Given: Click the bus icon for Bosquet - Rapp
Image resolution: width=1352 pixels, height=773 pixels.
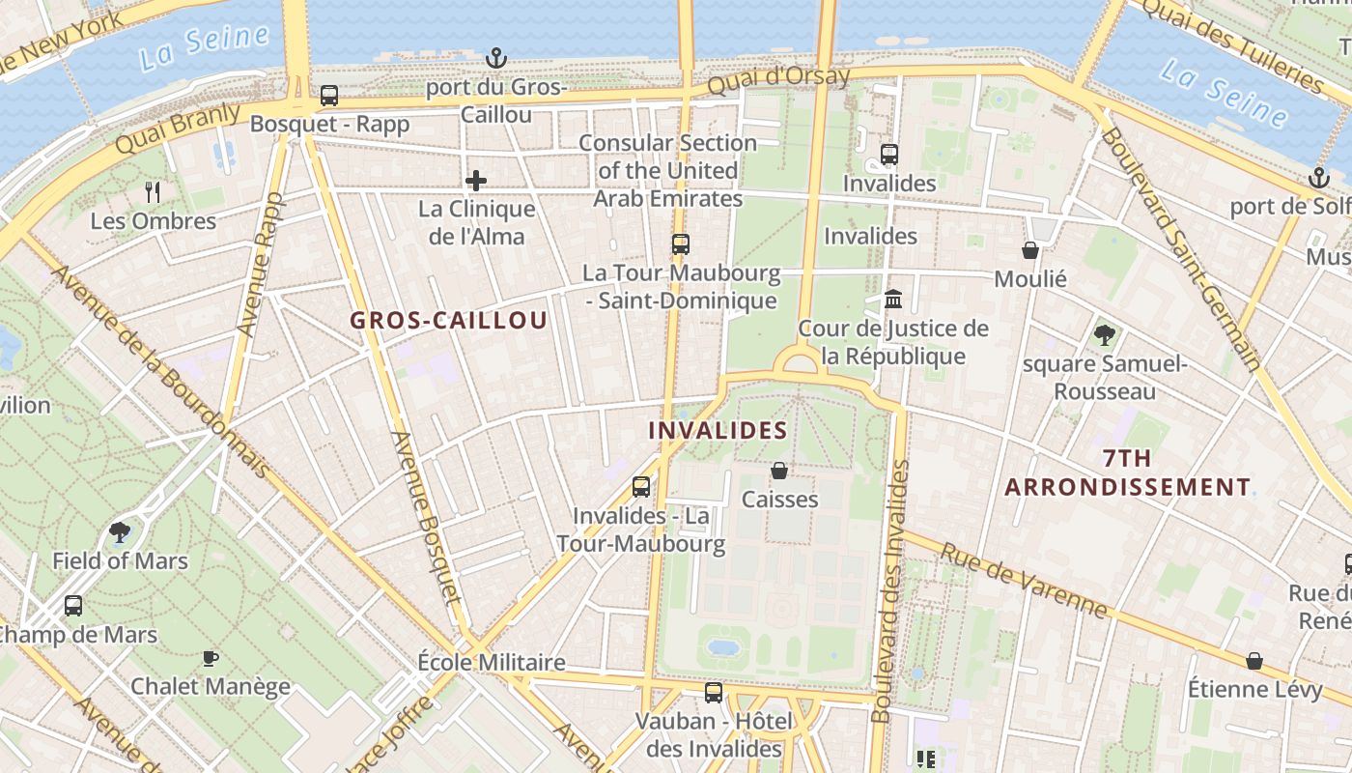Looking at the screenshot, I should tap(329, 96).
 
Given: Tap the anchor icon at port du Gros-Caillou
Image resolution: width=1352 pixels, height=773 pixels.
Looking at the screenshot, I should tap(495, 59).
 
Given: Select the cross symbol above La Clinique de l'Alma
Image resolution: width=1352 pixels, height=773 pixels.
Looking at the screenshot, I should tap(475, 181).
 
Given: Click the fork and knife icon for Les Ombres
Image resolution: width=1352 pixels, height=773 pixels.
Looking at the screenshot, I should tap(153, 191).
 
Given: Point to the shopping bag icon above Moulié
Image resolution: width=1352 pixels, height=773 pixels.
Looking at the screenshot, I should tap(1030, 250).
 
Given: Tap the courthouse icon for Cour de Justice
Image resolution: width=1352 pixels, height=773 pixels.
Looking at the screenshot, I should tap(893, 300).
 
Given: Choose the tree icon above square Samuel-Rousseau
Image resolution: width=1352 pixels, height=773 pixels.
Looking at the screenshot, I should tap(1105, 335).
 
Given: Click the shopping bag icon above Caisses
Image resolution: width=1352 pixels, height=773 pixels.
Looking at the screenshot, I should tap(779, 471).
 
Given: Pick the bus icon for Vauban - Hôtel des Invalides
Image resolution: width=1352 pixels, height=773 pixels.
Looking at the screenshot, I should tap(714, 692).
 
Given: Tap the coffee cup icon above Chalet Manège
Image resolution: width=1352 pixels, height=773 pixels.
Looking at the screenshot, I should tap(210, 658).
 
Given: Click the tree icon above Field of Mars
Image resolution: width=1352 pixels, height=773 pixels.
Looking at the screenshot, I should tap(120, 531).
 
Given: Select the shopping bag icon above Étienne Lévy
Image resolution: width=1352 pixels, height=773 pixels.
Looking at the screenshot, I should tap(1253, 661).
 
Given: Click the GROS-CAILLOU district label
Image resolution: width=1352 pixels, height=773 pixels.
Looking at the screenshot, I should tap(448, 321).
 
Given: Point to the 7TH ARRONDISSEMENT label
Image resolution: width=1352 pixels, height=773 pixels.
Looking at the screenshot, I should tap(1127, 472).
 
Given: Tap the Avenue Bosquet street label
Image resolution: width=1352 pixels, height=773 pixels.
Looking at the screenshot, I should tap(426, 517).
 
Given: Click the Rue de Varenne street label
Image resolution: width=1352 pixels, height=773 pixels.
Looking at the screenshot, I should tap(1025, 580).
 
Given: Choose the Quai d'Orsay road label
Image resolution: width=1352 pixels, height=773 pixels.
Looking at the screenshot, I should tap(778, 79).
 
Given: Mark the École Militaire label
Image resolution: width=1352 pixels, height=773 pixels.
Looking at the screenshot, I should tap(491, 663).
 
